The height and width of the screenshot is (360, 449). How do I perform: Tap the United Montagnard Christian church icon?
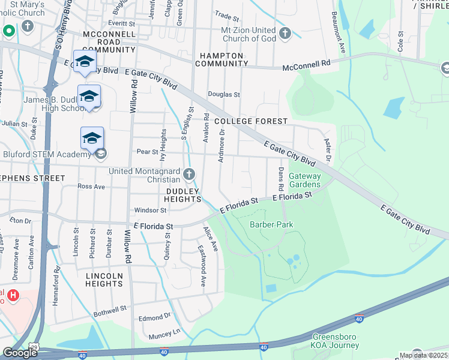(190, 175)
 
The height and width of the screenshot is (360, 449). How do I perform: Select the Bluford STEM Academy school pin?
(92, 139)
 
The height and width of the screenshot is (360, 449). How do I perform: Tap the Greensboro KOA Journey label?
(327, 341)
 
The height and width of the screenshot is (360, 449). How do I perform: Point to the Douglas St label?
(224, 95)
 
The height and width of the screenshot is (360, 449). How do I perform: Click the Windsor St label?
(150, 211)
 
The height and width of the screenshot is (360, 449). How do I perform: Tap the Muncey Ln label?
(168, 332)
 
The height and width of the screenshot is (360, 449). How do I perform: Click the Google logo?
(20, 353)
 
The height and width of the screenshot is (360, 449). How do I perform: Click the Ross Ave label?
(91, 187)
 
